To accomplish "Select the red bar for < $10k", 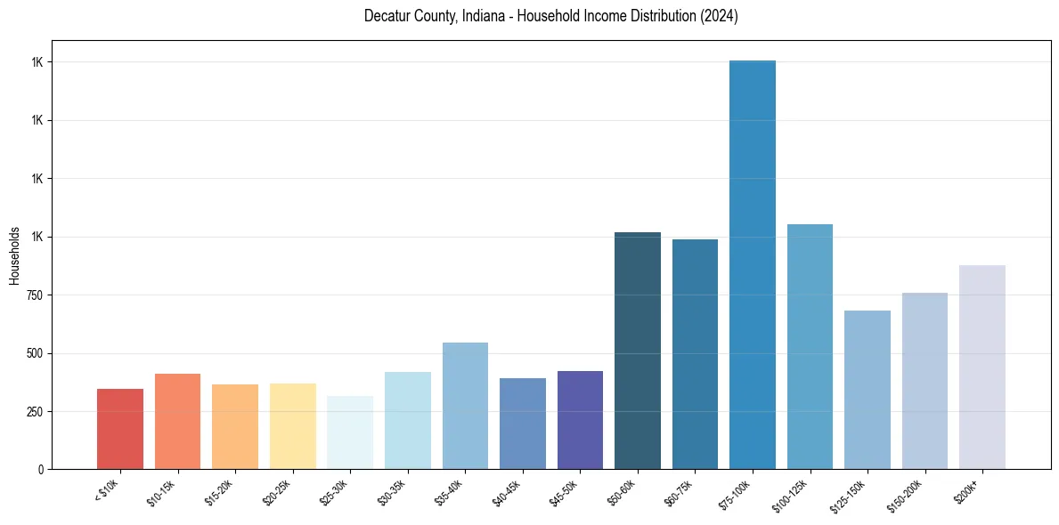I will coord(120,429).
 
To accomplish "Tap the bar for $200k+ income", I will coord(982,367).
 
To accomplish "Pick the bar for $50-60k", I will coord(638,351).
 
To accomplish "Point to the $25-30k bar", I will coord(350,432).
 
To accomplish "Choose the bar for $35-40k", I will coord(465,406).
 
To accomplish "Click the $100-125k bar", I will coord(810,346).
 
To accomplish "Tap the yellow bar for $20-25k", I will coord(293,426).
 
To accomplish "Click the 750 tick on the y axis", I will coord(33,295).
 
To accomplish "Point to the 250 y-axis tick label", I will coord(33,412).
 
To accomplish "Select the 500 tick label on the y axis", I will coord(33,353).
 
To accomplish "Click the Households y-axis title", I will coord(14,255).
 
